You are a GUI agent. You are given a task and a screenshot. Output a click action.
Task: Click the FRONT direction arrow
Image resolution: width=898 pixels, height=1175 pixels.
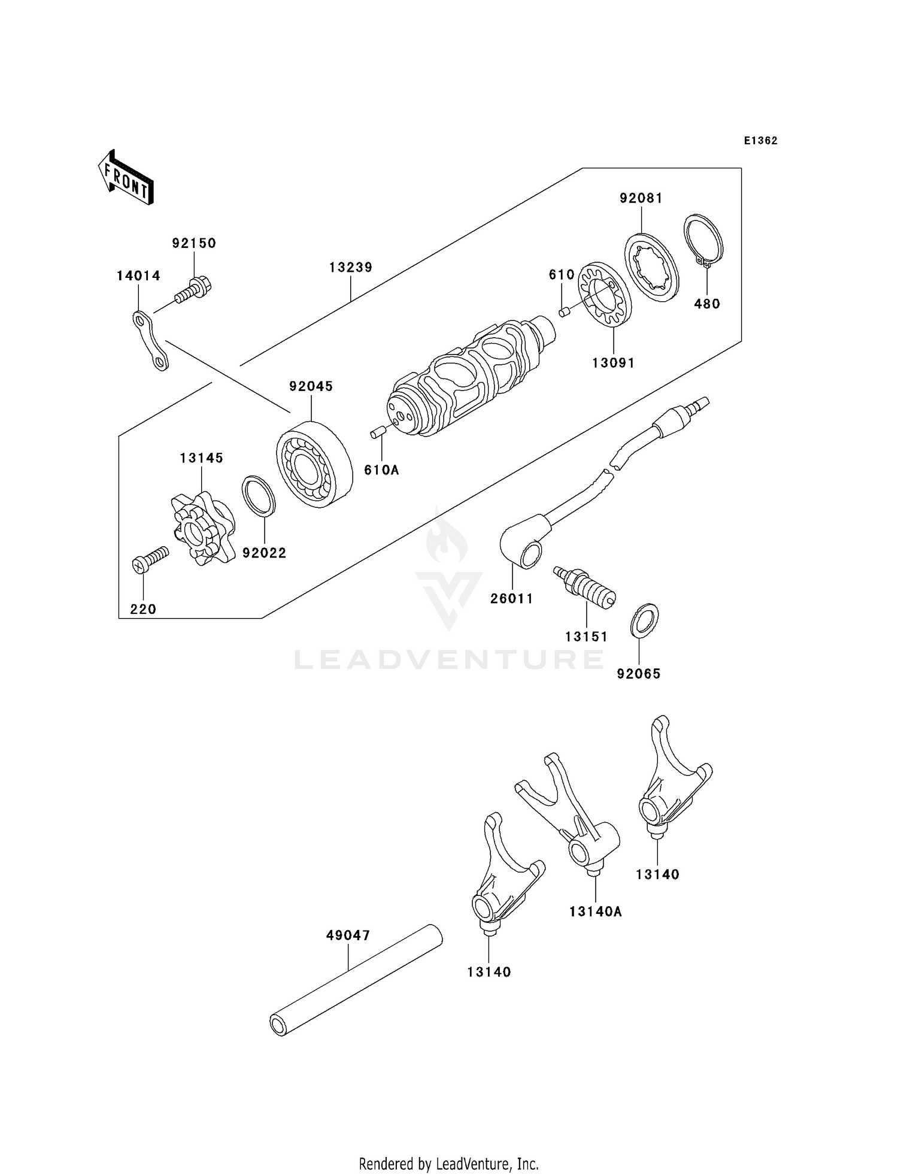click(x=126, y=178)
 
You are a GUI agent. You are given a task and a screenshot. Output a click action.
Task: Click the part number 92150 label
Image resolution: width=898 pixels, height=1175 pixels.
click(x=194, y=243)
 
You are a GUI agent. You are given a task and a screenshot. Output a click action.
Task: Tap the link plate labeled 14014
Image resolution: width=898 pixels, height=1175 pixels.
click(x=150, y=341)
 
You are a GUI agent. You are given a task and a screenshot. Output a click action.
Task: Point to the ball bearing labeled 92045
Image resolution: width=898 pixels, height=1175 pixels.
click(x=313, y=465)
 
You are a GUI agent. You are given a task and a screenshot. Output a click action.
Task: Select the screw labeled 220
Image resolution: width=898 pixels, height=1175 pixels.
click(x=149, y=561)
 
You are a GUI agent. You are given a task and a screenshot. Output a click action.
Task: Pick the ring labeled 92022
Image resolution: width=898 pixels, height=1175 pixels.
click(x=259, y=496)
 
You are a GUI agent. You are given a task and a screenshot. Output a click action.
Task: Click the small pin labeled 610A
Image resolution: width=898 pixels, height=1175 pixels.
click(x=377, y=432)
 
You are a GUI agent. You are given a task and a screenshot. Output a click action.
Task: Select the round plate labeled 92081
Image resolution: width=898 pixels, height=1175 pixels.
click(x=651, y=266)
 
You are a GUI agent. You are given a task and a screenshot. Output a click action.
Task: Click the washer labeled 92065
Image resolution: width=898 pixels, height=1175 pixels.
click(x=644, y=621)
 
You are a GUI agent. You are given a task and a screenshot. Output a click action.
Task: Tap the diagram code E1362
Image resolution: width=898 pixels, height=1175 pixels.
click(x=760, y=141)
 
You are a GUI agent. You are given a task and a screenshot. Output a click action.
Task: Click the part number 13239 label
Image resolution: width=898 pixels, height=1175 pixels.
click(x=350, y=267)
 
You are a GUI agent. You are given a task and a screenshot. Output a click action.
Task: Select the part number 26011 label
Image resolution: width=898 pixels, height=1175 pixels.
click(x=511, y=598)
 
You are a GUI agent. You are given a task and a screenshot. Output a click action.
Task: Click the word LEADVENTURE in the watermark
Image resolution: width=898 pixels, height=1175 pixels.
click(x=449, y=659)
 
